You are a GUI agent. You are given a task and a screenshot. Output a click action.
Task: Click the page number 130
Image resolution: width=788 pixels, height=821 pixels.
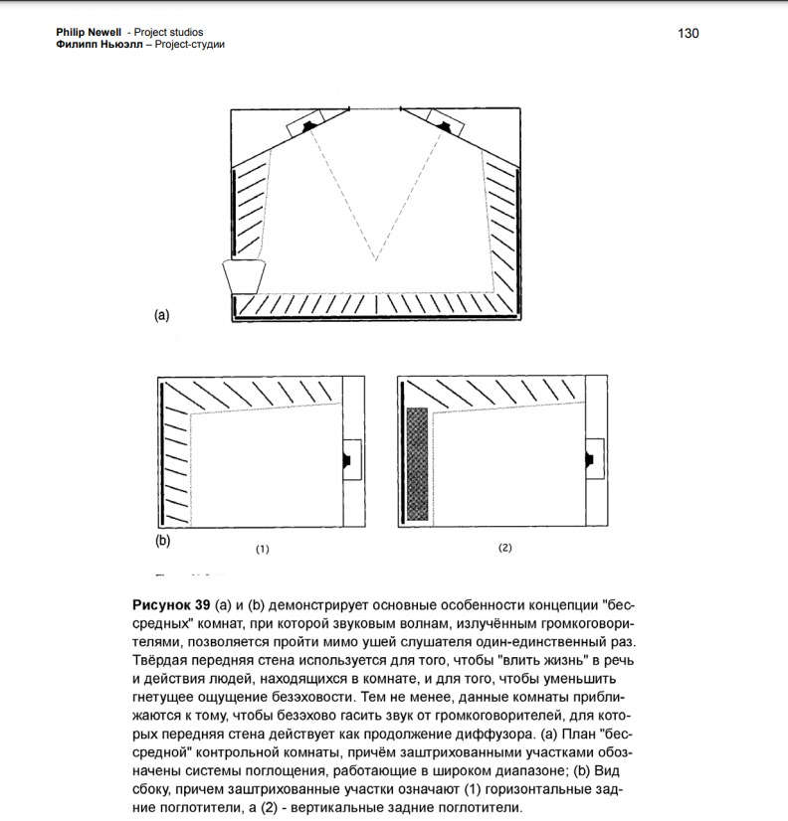(x=689, y=33)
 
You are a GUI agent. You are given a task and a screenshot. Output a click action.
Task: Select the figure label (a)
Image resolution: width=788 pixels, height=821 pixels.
(x=161, y=315)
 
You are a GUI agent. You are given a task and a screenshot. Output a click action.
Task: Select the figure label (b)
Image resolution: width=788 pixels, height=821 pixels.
(x=162, y=541)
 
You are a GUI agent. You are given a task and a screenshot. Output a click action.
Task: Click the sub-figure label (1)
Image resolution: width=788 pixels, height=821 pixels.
(x=263, y=548)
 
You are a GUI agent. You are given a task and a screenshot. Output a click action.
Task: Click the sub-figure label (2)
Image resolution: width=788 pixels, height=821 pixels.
(x=504, y=548)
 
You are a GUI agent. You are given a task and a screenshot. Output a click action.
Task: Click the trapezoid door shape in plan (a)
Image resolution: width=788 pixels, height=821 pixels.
(x=246, y=275)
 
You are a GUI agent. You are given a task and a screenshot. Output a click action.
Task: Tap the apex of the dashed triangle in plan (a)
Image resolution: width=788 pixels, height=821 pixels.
(x=376, y=260)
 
